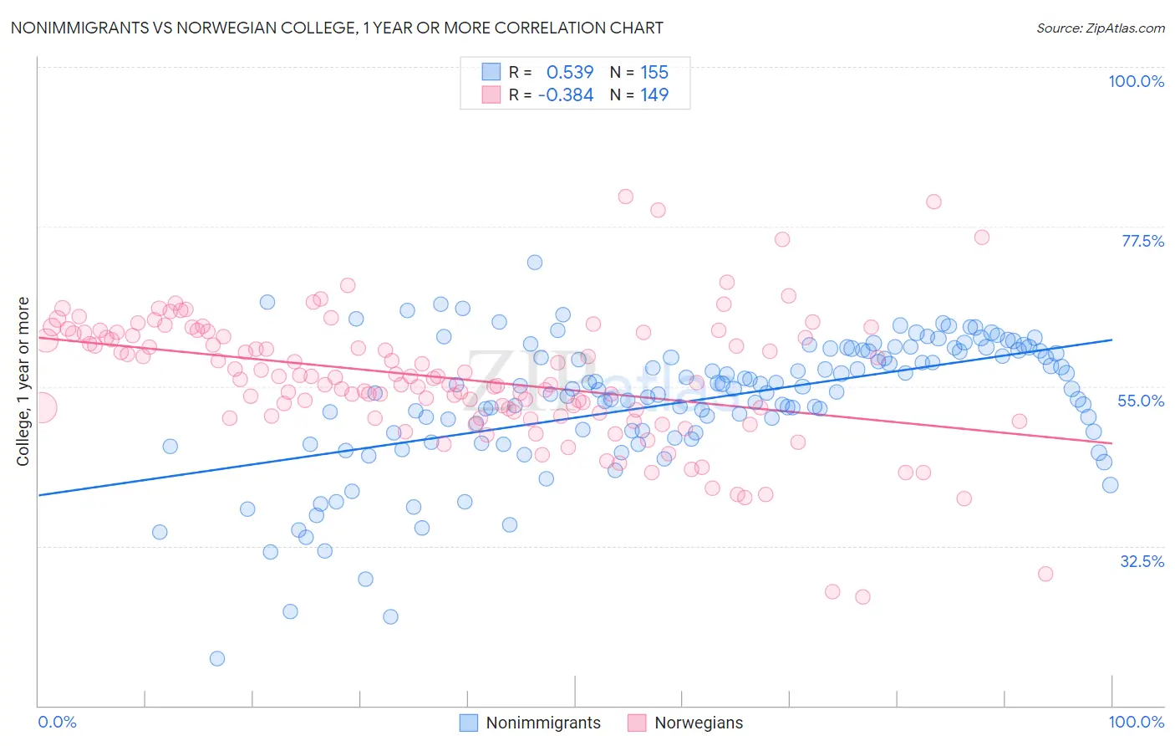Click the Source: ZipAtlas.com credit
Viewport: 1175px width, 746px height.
(x=1100, y=28)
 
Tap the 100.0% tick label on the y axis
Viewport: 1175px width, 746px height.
(x=1136, y=81)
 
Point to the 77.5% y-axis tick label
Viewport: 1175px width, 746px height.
(x=1142, y=241)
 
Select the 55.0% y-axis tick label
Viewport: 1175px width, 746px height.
(x=1141, y=401)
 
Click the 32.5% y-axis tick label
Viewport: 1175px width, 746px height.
(x=1142, y=561)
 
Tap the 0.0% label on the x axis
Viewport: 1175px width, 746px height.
(x=57, y=722)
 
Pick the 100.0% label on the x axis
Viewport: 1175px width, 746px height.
(x=1136, y=722)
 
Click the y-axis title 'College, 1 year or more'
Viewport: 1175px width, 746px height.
(x=23, y=381)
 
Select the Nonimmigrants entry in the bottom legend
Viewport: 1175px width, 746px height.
(x=542, y=723)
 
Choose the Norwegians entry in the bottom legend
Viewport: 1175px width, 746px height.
(x=698, y=723)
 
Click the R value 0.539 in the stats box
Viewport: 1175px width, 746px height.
(x=569, y=73)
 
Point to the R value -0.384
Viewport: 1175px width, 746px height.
(x=566, y=95)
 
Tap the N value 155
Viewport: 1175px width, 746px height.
(x=654, y=73)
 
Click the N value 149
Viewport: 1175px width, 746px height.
(x=654, y=95)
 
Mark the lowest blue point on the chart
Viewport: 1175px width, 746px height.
(x=217, y=658)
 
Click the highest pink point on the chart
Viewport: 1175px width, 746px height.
(x=625, y=197)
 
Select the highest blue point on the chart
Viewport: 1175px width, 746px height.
(x=535, y=262)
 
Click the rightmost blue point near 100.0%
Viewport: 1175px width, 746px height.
(x=1110, y=485)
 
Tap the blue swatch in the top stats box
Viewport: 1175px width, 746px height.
(x=491, y=73)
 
